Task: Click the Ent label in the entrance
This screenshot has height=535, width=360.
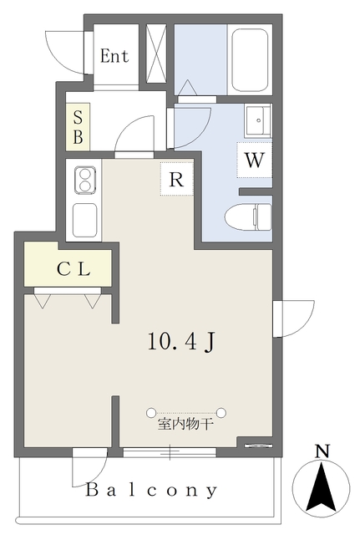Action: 114,56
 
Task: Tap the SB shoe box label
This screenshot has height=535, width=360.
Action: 78,127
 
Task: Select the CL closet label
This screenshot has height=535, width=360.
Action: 74,269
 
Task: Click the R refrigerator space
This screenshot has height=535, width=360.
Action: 176,179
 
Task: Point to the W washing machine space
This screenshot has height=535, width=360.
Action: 255,160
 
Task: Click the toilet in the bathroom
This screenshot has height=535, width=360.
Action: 249,217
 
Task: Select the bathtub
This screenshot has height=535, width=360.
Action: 250,60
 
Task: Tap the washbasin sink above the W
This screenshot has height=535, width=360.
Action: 258,120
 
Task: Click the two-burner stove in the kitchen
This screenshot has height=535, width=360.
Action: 84,181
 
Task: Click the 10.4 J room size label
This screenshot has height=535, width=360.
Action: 181,342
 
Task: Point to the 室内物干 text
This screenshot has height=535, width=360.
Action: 185,425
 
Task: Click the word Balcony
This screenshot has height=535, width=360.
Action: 152,491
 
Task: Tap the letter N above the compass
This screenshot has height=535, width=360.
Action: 322,451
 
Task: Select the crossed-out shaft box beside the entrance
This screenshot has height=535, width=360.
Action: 156,53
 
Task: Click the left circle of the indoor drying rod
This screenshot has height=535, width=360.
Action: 151,412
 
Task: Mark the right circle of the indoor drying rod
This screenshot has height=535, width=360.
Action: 221,412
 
